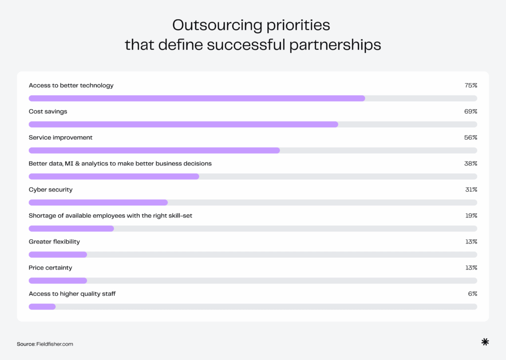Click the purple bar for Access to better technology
pyautogui.click(x=197, y=98)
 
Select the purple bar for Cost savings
pyautogui.click(x=183, y=124)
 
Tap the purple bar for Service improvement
pyautogui.click(x=154, y=150)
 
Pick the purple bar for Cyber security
pyautogui.click(x=98, y=202)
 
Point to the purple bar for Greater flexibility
pyautogui.click(x=58, y=254)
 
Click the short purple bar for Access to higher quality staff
pyautogui.click(x=42, y=307)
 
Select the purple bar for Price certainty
pyautogui.click(x=58, y=280)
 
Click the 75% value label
pyautogui.click(x=470, y=85)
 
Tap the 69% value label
pyautogui.click(x=470, y=112)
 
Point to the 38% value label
pyautogui.click(x=470, y=163)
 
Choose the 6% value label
pyautogui.click(x=472, y=294)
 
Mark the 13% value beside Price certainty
pyautogui.click(x=471, y=268)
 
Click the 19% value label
pyautogui.click(x=471, y=216)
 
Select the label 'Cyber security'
pyautogui.click(x=50, y=190)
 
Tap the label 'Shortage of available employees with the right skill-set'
pyautogui.click(x=114, y=216)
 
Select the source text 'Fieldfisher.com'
pyautogui.click(x=54, y=344)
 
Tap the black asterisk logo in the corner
pyautogui.click(x=485, y=342)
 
